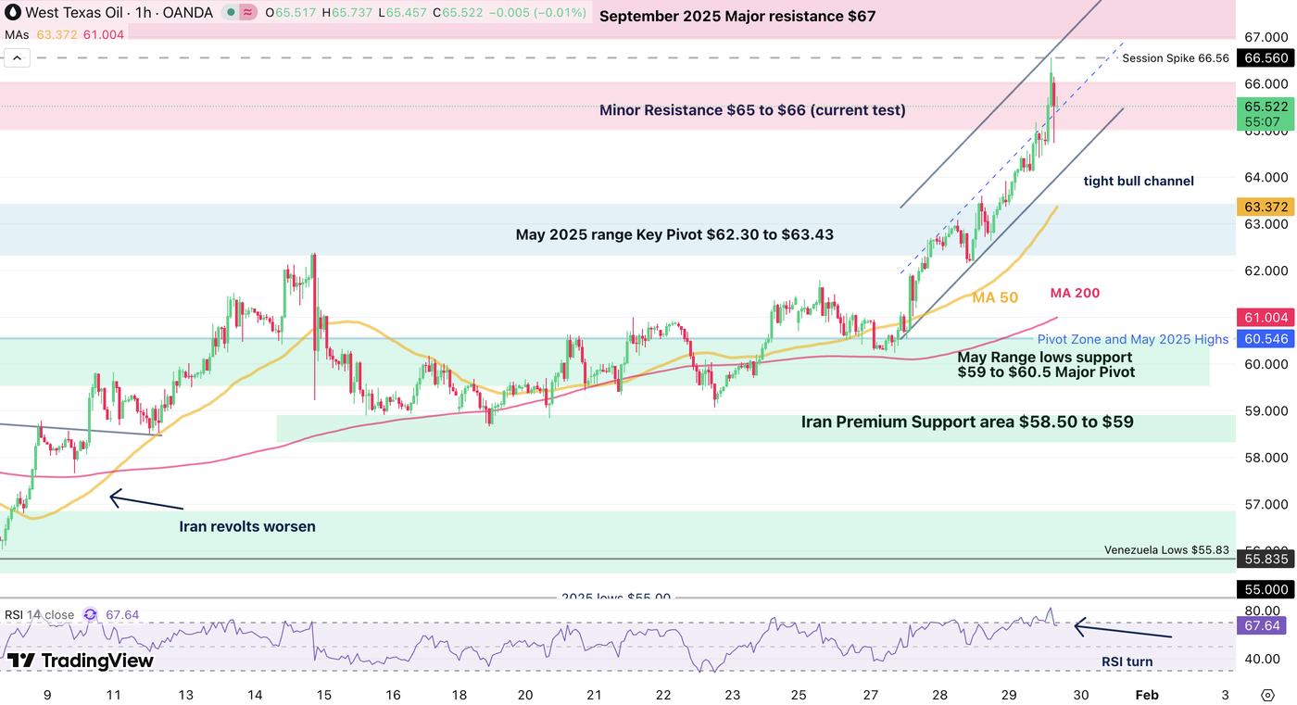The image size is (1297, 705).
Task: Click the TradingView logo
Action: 80,661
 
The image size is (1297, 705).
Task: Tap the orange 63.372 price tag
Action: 1266,205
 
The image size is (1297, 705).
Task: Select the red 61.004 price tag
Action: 1266,316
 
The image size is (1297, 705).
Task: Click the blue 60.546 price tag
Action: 1266,339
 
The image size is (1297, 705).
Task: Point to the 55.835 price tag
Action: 1266,560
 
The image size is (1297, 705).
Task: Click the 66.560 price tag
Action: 1266,57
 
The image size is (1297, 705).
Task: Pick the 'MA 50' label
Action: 995,297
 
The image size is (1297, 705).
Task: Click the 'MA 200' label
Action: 1075,294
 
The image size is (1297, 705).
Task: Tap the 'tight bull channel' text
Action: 1139,182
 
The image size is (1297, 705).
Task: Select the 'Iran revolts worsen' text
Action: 246,527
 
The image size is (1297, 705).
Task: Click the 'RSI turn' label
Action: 1127,661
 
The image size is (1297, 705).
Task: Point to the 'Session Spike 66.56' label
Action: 1175,58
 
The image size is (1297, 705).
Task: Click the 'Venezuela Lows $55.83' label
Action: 1166,550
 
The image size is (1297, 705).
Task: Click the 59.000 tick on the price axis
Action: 1266,410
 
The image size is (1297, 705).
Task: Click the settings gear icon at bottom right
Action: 1267,695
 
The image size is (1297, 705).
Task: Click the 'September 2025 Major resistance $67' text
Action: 737,17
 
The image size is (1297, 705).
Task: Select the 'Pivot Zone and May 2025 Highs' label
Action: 1132,340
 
